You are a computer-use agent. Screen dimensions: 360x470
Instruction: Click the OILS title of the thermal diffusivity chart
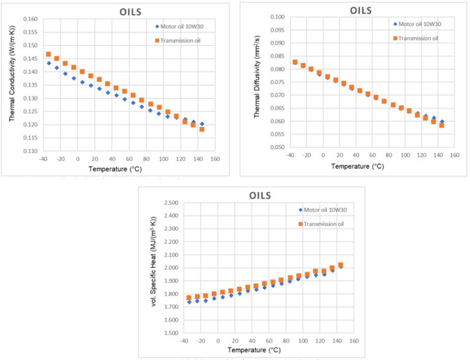point(365,10)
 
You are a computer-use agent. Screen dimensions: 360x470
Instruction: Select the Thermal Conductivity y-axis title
point(12,84)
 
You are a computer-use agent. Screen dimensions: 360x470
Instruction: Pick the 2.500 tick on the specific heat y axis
point(170,203)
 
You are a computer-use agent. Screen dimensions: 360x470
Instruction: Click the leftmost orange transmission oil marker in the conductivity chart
point(48,54)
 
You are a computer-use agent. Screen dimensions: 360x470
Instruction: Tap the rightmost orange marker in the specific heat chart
point(340,265)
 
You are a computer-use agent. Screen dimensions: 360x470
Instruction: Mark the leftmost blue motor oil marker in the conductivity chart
point(48,63)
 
